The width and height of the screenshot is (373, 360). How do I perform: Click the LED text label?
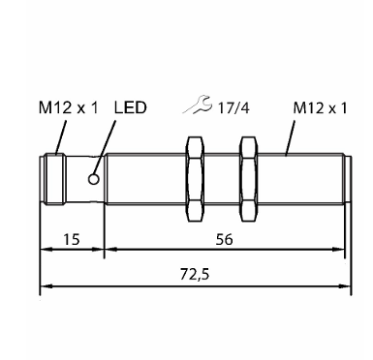click(130, 107)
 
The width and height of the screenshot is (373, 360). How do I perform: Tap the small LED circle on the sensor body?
click(94, 179)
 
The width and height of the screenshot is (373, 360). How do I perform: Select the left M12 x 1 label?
click(68, 107)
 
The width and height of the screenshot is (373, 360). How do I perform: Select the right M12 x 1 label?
click(320, 107)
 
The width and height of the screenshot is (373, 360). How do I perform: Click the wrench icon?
click(198, 105)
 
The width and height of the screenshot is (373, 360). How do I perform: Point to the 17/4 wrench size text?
click(233, 107)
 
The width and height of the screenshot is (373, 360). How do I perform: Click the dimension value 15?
click(71, 240)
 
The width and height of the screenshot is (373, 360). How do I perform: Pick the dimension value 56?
click(224, 240)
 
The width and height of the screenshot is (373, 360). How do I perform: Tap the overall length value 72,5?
click(195, 275)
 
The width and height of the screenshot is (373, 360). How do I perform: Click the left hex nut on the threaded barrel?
click(196, 179)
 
